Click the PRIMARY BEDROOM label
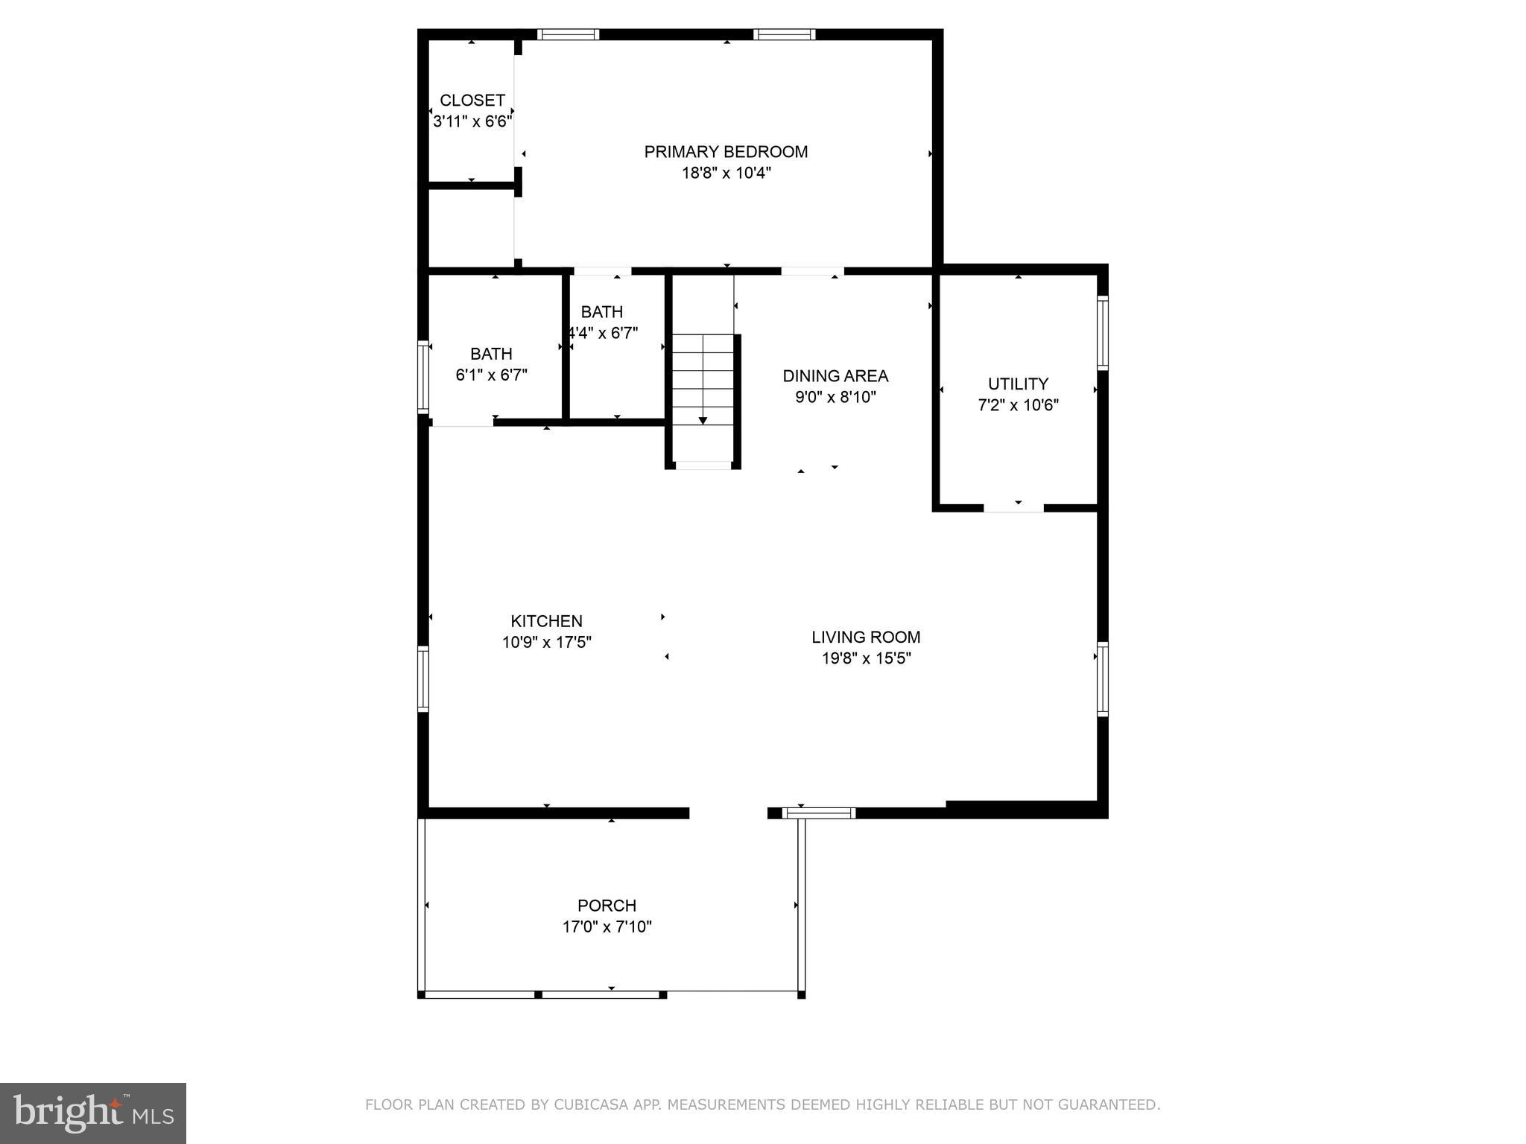pos(726,152)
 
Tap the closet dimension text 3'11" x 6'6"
pos(472,121)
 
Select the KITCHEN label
pos(546,621)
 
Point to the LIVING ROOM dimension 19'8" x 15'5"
pos(865,658)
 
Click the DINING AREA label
pos(835,376)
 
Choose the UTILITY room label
pos(1018,384)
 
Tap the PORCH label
pos(607,906)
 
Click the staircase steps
pos(703,380)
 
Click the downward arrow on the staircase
pos(703,420)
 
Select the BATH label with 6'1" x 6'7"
pos(491,354)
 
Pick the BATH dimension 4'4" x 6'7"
pos(602,333)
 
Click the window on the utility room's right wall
pos(1103,333)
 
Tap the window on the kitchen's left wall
pos(422,679)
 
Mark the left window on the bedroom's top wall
pos(568,34)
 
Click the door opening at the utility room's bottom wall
pos(1013,508)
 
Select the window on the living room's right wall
pos(1103,679)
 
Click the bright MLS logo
pos(93,1113)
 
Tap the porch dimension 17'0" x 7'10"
pos(607,927)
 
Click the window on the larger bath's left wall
pos(422,377)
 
